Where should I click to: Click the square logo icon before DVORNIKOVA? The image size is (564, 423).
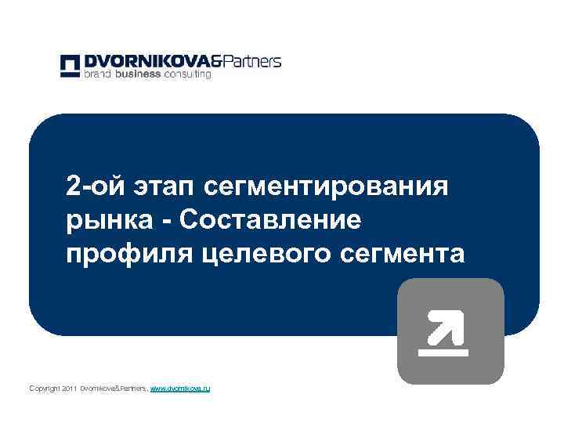[x=70, y=66]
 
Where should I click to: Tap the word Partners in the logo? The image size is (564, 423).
[x=251, y=61]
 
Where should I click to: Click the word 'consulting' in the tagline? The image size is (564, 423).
[x=187, y=75]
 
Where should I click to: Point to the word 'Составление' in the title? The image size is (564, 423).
[x=270, y=221]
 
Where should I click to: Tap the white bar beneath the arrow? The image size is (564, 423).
[x=443, y=352]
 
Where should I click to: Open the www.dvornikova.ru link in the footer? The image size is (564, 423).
[x=180, y=389]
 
